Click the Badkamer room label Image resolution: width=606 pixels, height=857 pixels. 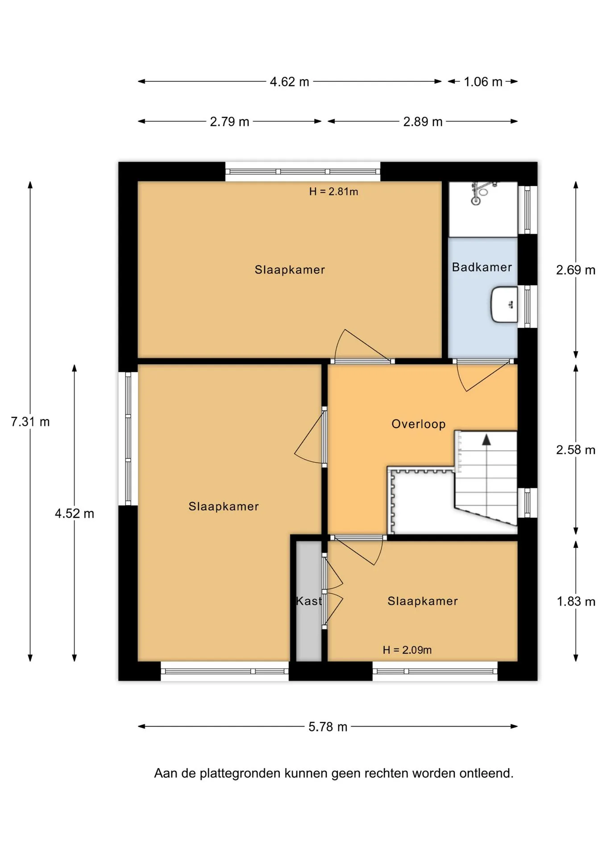coord(481,267)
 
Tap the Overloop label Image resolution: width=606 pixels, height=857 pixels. coord(419,424)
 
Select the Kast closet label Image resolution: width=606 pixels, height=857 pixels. coord(309,601)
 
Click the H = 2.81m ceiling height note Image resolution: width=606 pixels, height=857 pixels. coord(333,191)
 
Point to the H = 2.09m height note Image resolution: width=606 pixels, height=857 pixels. coord(407,650)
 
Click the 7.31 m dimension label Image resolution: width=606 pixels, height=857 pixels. coord(30,421)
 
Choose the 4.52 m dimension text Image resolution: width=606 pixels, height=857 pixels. coord(75,513)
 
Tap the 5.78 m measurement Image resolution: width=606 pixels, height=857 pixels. coord(328,727)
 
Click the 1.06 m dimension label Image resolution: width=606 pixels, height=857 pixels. coord(483,82)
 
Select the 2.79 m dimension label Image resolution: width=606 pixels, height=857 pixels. coord(229,121)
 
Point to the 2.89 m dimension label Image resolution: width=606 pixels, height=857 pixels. coord(423,121)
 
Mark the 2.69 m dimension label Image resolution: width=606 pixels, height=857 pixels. coord(576,270)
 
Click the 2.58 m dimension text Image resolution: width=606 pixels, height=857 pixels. coord(576,450)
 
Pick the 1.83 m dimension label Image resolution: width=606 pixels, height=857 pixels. coord(576,602)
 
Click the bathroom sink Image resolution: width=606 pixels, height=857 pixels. coord(504,304)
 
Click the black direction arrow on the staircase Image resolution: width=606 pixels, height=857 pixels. coord(486,440)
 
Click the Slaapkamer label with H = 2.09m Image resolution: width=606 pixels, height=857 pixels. coord(423,601)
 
